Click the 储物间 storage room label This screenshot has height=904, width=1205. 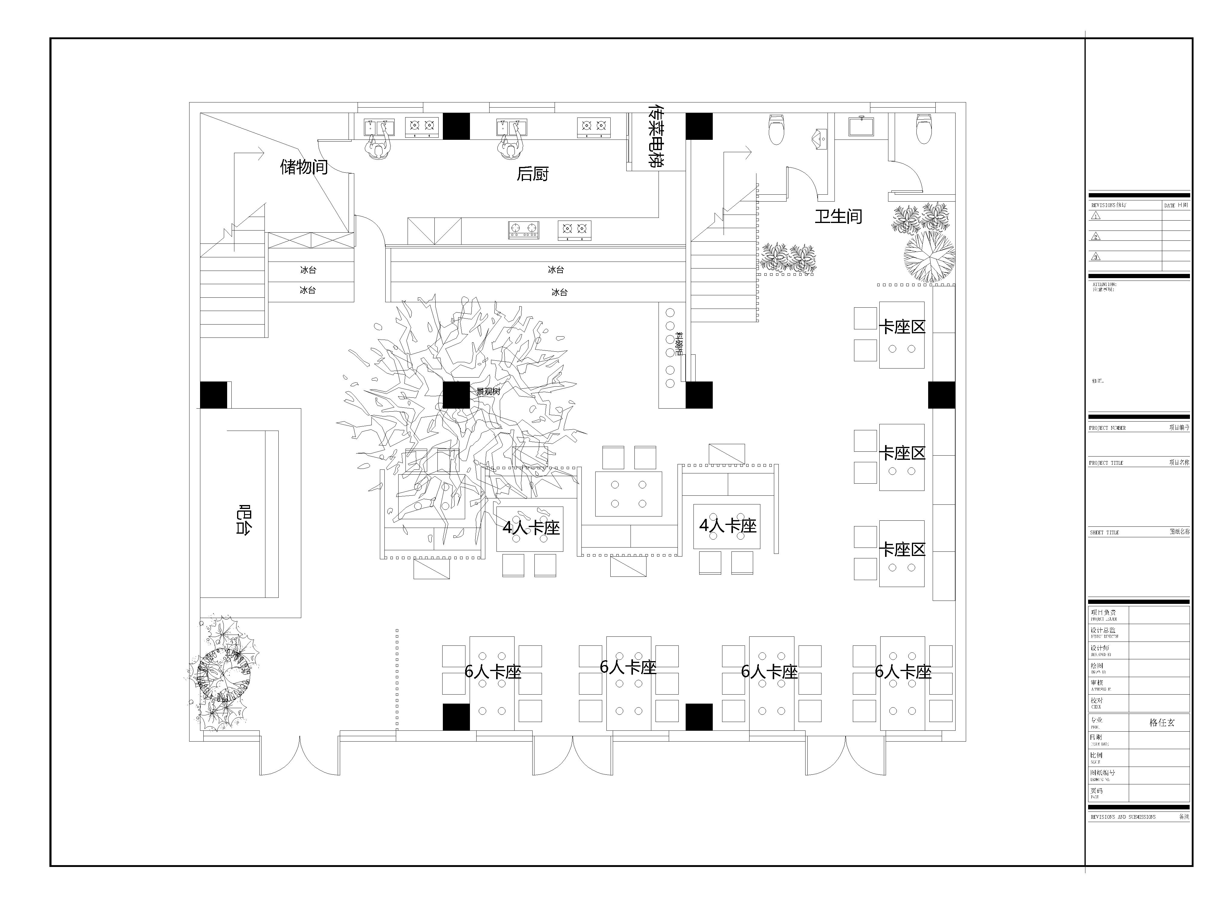[x=304, y=167]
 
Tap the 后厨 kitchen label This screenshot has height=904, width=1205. [x=532, y=174]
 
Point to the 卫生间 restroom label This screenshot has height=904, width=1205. [x=838, y=216]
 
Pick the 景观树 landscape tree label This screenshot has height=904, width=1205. [x=488, y=391]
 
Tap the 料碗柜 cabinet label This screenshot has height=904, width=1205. [x=679, y=344]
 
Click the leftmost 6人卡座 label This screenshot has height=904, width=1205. [x=493, y=672]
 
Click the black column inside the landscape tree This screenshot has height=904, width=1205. [x=456, y=395]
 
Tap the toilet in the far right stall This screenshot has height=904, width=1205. [x=923, y=129]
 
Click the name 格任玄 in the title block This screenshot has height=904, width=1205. [x=1162, y=723]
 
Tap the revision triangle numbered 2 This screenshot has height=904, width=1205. [x=1096, y=237]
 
